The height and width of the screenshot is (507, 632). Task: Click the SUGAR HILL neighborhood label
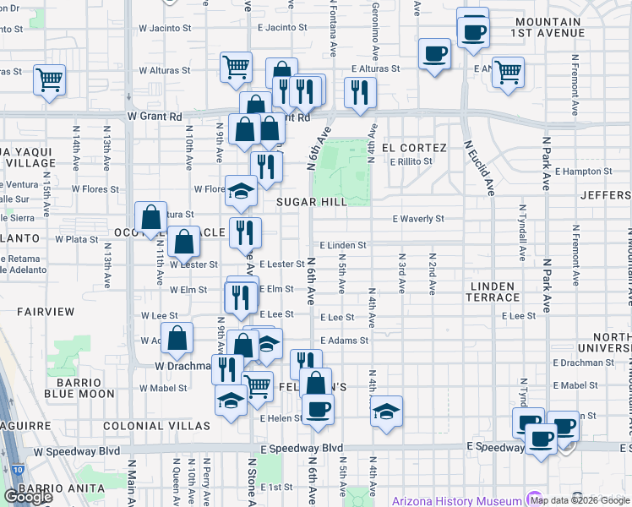tap(312, 202)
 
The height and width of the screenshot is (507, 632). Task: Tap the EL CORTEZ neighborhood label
tap(414, 147)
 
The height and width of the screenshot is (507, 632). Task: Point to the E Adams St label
tap(345, 341)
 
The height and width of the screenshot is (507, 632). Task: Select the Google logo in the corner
tap(28, 496)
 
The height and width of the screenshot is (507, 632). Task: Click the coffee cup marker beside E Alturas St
tap(435, 55)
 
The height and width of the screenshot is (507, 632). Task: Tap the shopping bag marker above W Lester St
tap(183, 243)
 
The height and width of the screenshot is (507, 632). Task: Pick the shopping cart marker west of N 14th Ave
tap(49, 80)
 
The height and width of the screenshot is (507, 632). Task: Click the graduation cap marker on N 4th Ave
tap(387, 412)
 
